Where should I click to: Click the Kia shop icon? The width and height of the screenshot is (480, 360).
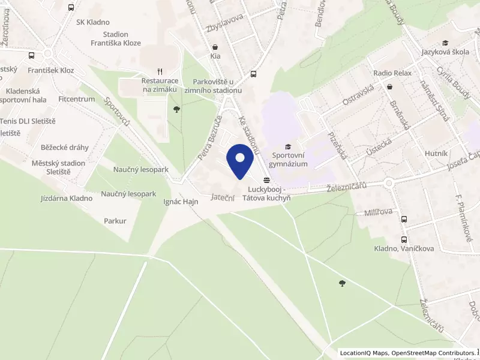coord(215,47)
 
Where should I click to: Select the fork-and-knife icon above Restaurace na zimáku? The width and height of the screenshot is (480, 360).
coord(160,70)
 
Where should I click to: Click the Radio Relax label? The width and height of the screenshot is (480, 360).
coord(392,73)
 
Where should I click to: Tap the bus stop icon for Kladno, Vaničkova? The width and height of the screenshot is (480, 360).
coord(404,220)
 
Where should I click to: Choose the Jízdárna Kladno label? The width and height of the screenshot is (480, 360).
coord(67,198)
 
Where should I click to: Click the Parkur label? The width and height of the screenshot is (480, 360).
coord(115,221)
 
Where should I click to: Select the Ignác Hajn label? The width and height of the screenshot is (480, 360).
coord(181,202)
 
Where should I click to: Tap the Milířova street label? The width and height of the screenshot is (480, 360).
coord(378,212)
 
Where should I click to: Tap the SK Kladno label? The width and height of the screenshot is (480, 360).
coord(93,22)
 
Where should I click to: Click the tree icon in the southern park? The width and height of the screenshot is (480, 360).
coord(342,283)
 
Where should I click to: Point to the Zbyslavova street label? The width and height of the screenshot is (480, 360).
coord(223,17)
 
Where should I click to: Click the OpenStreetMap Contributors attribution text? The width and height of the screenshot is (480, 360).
coord(433,353)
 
